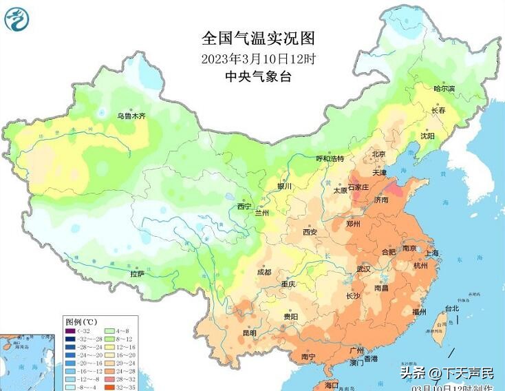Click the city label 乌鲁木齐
click(x=131, y=116)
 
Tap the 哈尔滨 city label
click(x=444, y=88)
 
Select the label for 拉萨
click(x=138, y=273)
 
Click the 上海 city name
click(x=433, y=253)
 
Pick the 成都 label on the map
click(x=264, y=272)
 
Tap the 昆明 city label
click(x=248, y=333)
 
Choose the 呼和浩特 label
click(x=329, y=158)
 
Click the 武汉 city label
click(x=364, y=268)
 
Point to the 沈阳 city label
click(x=427, y=136)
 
